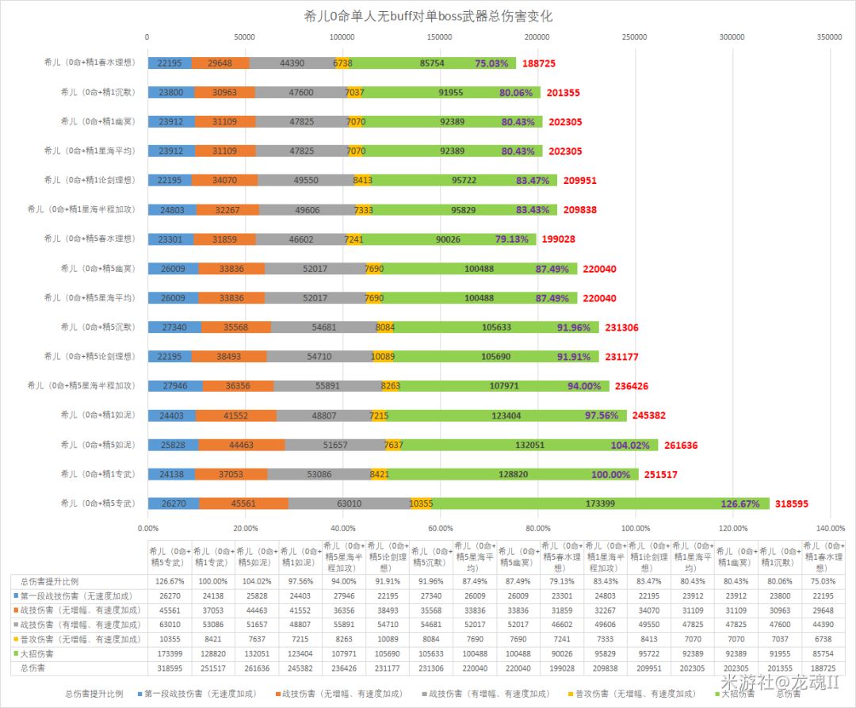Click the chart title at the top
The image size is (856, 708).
point(428,16)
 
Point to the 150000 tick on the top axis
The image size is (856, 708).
point(440,36)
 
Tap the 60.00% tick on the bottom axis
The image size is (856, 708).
point(440,528)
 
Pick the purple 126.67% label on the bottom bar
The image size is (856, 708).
point(740,503)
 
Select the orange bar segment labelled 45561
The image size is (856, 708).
point(243,503)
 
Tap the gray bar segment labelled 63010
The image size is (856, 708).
point(349,503)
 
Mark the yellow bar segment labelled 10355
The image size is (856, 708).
point(421,503)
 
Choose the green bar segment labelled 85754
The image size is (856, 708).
point(432,63)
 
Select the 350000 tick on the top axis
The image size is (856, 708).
point(829,36)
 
